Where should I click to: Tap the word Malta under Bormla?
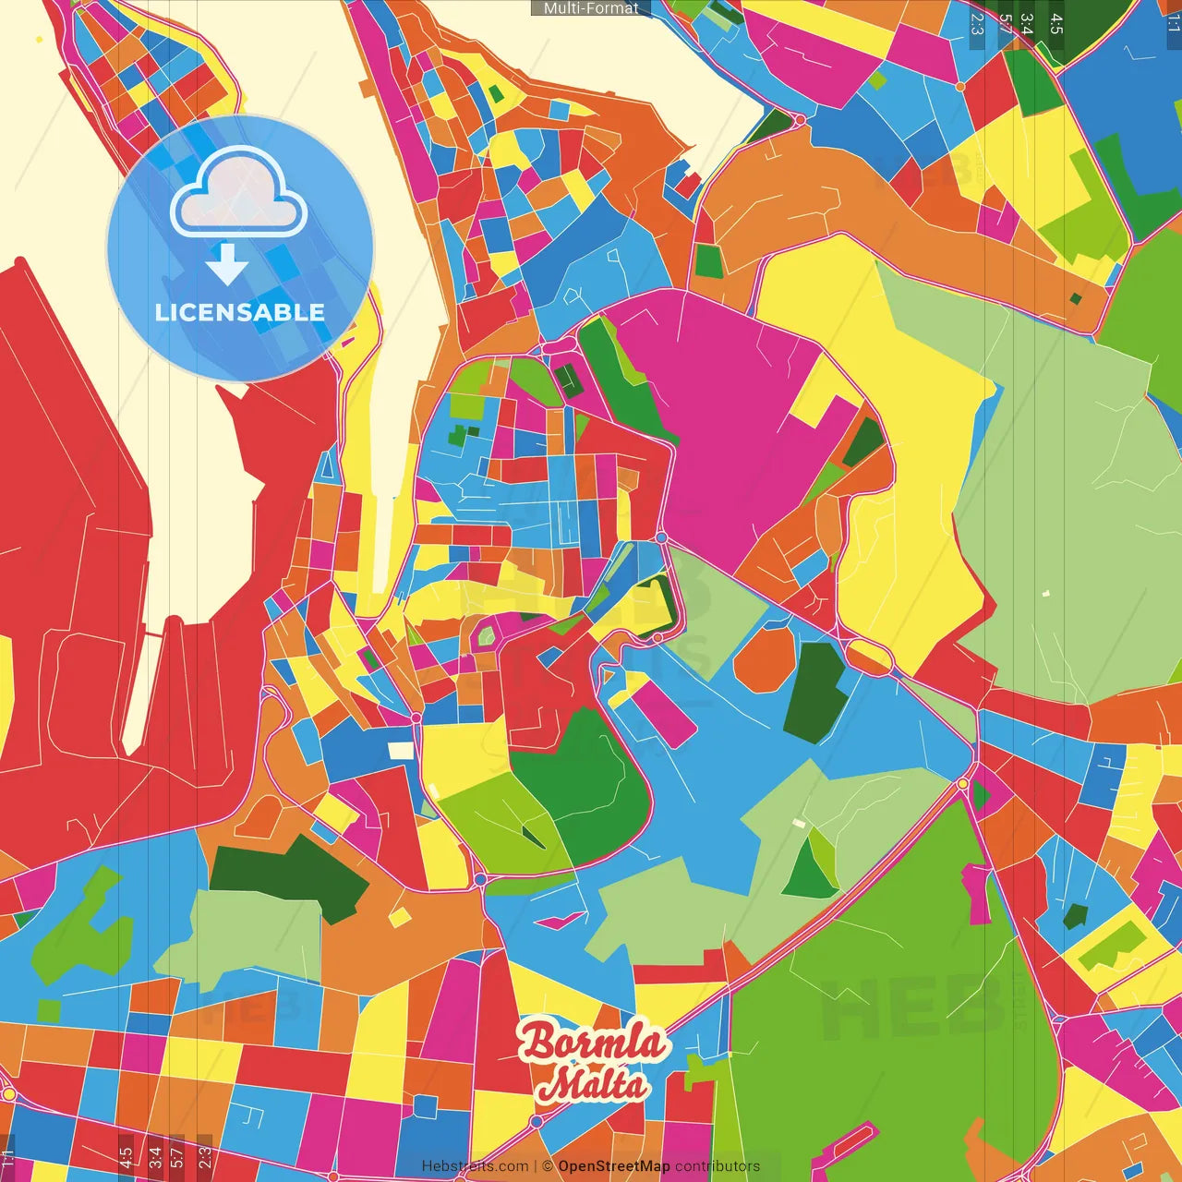click(x=592, y=1083)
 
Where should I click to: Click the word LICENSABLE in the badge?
click(x=240, y=312)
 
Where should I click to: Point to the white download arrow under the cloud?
click(x=227, y=264)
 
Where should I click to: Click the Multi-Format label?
click(x=591, y=8)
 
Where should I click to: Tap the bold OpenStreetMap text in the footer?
click(x=613, y=1166)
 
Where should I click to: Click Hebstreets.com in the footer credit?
click(x=475, y=1166)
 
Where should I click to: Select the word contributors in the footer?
click(x=718, y=1166)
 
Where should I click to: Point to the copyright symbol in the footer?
click(x=547, y=1166)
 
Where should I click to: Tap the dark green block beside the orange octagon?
click(x=814, y=693)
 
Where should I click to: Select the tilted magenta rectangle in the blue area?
click(x=663, y=713)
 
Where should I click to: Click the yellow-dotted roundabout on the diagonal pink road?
click(x=963, y=783)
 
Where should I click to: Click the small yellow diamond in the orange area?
click(x=400, y=917)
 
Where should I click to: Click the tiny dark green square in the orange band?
click(x=1075, y=298)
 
